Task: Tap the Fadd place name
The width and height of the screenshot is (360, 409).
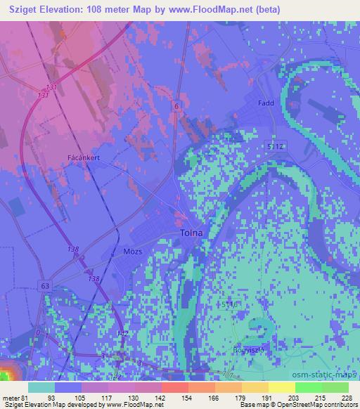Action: click(x=266, y=103)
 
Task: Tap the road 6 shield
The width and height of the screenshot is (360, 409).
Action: click(x=176, y=104)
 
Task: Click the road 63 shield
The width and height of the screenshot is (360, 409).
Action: click(x=46, y=286)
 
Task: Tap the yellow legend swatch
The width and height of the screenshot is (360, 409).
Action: click(x=282, y=387)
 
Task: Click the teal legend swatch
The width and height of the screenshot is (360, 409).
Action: click(x=41, y=387)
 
